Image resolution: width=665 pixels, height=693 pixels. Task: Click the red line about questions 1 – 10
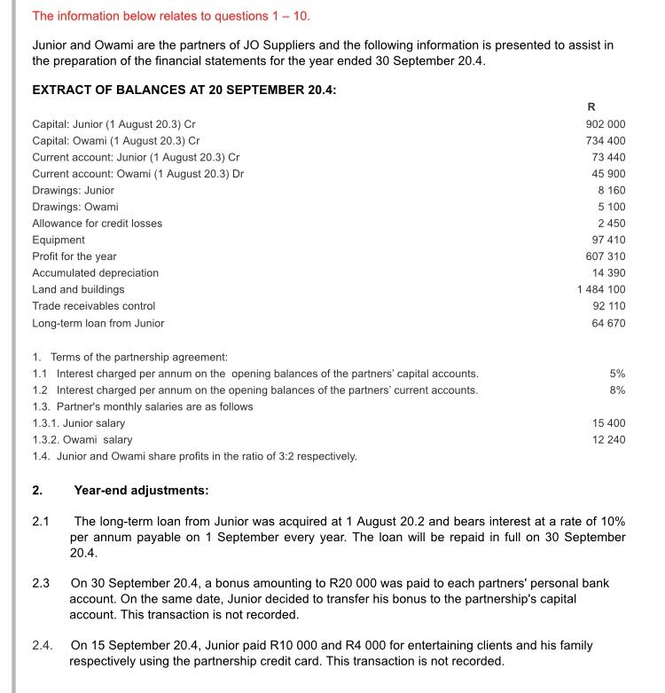pyautogui.click(x=171, y=16)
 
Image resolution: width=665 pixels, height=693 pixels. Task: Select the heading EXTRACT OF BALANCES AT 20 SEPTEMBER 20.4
pyautogui.click(x=184, y=90)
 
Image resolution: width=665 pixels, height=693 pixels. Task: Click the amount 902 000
pyautogui.click(x=606, y=124)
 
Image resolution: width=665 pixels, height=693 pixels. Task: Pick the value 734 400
pyautogui.click(x=606, y=140)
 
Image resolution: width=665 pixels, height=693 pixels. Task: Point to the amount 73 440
pyautogui.click(x=609, y=157)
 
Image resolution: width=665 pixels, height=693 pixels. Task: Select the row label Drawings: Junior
pyautogui.click(x=74, y=190)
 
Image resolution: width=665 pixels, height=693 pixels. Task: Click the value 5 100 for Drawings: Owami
pyautogui.click(x=612, y=207)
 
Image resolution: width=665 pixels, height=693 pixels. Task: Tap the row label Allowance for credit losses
pyautogui.click(x=98, y=224)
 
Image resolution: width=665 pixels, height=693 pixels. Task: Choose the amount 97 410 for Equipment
pyautogui.click(x=609, y=240)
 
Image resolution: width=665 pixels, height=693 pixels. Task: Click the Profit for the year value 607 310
pyautogui.click(x=606, y=256)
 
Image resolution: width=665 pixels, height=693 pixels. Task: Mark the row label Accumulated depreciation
pyautogui.click(x=96, y=272)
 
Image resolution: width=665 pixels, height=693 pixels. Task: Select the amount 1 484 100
pyautogui.click(x=601, y=289)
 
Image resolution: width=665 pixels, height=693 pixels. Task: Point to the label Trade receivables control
pyautogui.click(x=94, y=306)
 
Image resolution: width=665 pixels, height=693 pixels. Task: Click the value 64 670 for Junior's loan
pyautogui.click(x=609, y=323)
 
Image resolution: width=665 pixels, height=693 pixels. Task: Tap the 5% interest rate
pyautogui.click(x=617, y=374)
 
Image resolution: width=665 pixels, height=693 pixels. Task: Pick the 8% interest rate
pyautogui.click(x=617, y=390)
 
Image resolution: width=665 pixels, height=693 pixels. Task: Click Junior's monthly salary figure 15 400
pyautogui.click(x=609, y=423)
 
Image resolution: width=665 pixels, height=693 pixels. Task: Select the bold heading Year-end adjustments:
pyautogui.click(x=142, y=490)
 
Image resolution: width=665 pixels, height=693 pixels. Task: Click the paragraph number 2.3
pyautogui.click(x=41, y=584)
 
